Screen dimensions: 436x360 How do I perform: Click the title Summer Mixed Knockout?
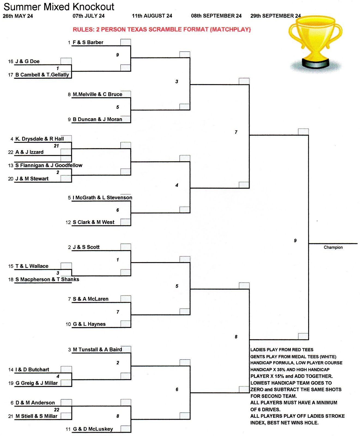tap(59, 7)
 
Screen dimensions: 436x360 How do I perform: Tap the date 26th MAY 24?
tap(18, 16)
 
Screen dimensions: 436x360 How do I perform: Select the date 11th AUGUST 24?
tap(152, 16)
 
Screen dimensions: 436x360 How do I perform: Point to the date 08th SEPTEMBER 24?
tap(216, 16)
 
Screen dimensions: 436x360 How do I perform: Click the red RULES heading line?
tap(162, 29)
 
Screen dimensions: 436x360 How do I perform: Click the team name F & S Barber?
tap(88, 43)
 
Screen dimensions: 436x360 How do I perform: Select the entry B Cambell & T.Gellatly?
tap(42, 75)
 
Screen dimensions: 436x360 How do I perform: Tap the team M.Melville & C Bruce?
tap(97, 94)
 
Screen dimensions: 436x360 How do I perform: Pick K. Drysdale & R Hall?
tap(40, 139)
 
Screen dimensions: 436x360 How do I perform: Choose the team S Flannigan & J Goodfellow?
tap(49, 165)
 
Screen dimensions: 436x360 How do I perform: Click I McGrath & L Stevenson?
tap(102, 198)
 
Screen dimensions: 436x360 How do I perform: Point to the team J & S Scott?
tap(86, 247)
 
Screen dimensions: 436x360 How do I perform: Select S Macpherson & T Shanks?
tap(47, 279)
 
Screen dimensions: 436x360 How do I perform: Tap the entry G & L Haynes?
tap(89, 324)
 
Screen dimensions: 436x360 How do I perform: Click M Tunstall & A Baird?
tap(97, 350)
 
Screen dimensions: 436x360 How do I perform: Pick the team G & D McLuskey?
tap(93, 429)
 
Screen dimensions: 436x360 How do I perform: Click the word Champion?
tap(333, 247)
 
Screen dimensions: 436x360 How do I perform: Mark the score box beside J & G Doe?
tap(66, 61)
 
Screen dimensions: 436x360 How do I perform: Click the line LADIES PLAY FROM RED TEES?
tap(282, 350)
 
